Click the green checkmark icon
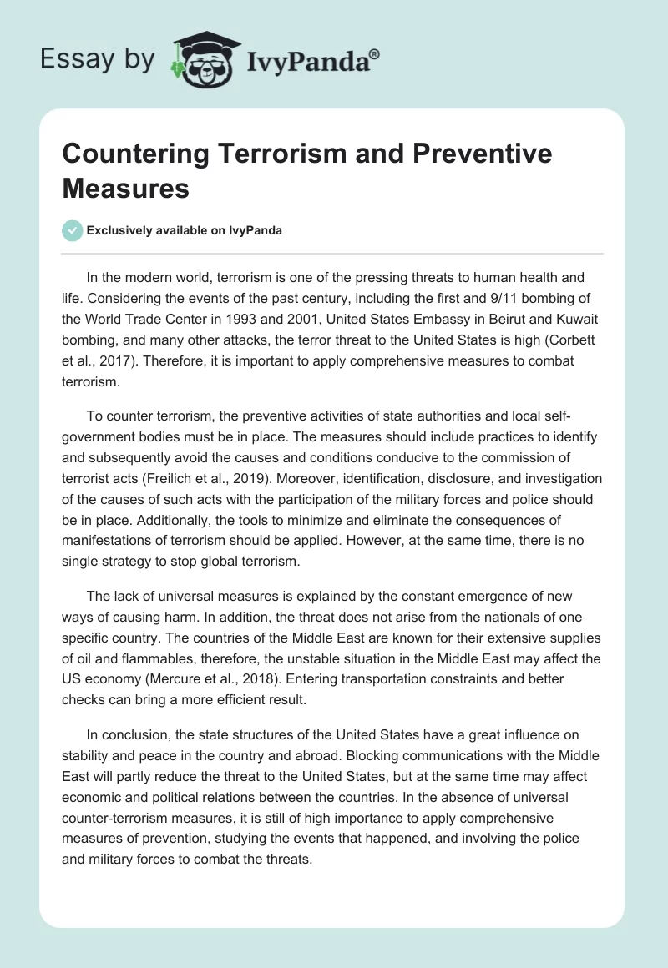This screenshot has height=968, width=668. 73,231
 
